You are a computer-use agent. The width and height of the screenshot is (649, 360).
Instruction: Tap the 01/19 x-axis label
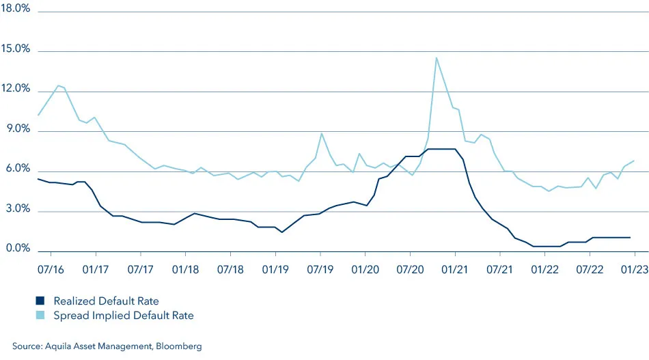[275, 270]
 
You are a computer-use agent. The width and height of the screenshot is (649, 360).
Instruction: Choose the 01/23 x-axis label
[634, 270]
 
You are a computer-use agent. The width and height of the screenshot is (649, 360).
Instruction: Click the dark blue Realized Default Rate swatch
[40, 301]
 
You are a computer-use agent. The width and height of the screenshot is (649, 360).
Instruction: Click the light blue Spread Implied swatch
[40, 316]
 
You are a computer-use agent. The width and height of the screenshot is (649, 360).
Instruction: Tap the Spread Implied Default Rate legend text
[122, 316]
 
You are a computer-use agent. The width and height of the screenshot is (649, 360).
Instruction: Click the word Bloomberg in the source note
[178, 347]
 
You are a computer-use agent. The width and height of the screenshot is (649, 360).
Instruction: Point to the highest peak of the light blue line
[436, 57]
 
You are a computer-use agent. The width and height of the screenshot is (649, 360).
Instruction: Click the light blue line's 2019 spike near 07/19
[321, 133]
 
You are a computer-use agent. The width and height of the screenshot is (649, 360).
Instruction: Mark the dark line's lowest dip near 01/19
[282, 232]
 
